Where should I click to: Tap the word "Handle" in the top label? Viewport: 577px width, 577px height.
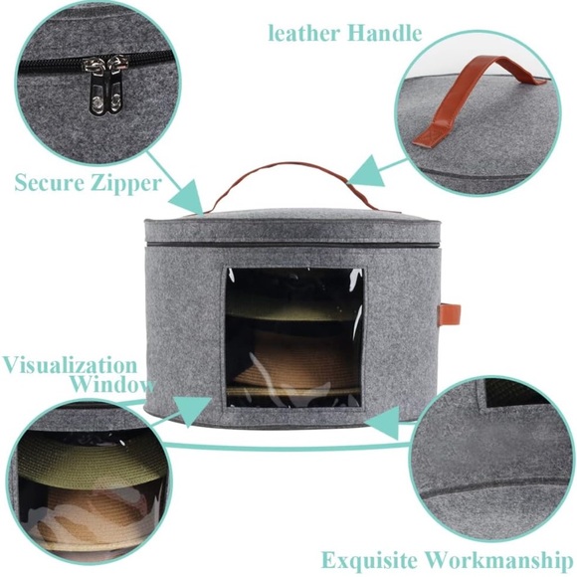(385, 33)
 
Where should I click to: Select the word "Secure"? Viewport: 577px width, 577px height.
(50, 182)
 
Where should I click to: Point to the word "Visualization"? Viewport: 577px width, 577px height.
(70, 365)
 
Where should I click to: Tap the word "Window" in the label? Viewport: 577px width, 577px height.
(113, 384)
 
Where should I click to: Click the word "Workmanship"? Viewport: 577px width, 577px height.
(499, 560)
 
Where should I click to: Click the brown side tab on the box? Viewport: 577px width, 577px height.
(450, 312)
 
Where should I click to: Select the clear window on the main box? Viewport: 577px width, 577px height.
(294, 337)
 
